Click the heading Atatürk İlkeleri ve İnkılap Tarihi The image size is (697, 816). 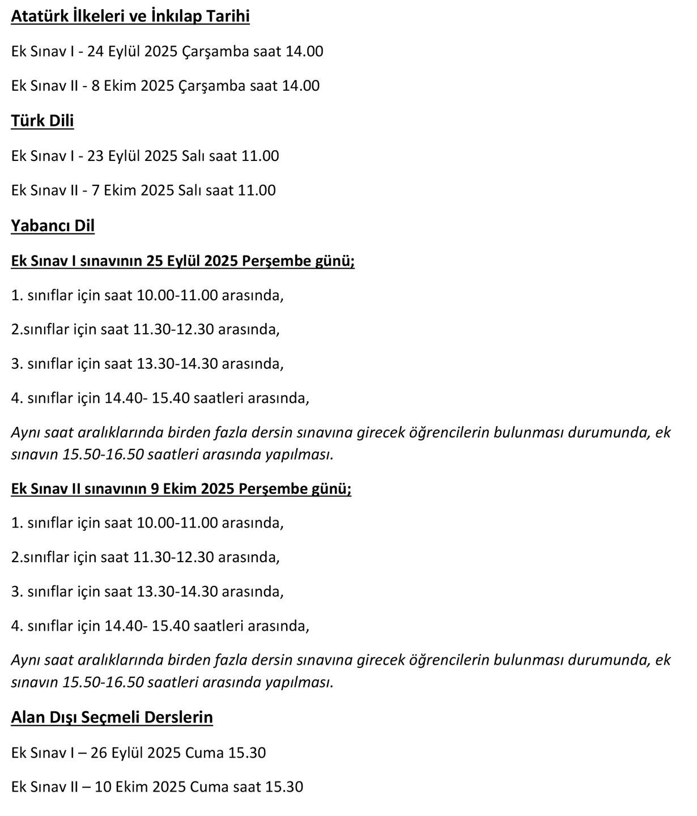[130, 16]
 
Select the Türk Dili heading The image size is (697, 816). [42, 121]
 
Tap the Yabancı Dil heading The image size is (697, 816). [53, 226]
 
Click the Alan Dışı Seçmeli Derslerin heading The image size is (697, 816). [112, 717]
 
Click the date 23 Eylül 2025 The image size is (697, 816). [132, 156]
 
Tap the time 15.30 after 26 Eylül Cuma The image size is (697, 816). [247, 753]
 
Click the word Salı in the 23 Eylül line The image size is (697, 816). [193, 156]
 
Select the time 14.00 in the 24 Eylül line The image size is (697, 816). [304, 52]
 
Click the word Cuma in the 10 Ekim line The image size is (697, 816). [206, 787]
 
